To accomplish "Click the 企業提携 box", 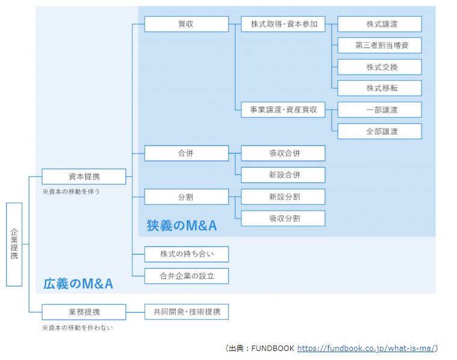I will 14,244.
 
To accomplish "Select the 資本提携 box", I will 84,176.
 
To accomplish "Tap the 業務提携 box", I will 84,312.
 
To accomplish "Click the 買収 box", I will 186,24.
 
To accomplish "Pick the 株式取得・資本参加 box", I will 282,24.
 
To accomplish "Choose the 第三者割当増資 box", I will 379,45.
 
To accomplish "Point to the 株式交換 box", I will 379,67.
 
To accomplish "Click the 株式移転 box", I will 379,88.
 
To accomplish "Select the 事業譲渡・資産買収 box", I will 282,110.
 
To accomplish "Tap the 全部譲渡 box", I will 379,131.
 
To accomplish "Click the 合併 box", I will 186,153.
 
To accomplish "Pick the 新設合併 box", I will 282,175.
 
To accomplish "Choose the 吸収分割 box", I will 282,218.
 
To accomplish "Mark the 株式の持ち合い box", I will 186,254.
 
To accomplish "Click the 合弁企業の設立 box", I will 186,276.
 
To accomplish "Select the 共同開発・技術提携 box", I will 186,312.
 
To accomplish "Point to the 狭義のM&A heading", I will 181,226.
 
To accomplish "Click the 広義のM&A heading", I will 78,283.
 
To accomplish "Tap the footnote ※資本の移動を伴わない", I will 77,327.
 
